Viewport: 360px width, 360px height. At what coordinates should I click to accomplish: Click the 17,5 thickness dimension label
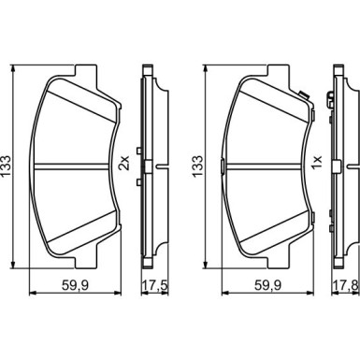[155, 285]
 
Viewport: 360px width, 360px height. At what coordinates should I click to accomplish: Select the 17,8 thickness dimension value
[347, 285]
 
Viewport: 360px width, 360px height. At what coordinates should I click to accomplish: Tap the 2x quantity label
[124, 163]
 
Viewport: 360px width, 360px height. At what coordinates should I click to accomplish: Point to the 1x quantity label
[317, 163]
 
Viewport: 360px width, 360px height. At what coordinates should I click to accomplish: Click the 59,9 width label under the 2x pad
[76, 285]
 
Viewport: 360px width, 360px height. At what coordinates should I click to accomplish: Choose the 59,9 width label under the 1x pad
[268, 285]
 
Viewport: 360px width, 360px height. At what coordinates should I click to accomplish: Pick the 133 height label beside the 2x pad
[6, 166]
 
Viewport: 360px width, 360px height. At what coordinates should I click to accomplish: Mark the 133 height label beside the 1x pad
[197, 166]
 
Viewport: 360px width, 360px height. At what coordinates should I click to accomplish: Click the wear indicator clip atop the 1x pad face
[303, 95]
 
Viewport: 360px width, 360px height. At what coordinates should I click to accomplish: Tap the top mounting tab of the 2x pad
[85, 70]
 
